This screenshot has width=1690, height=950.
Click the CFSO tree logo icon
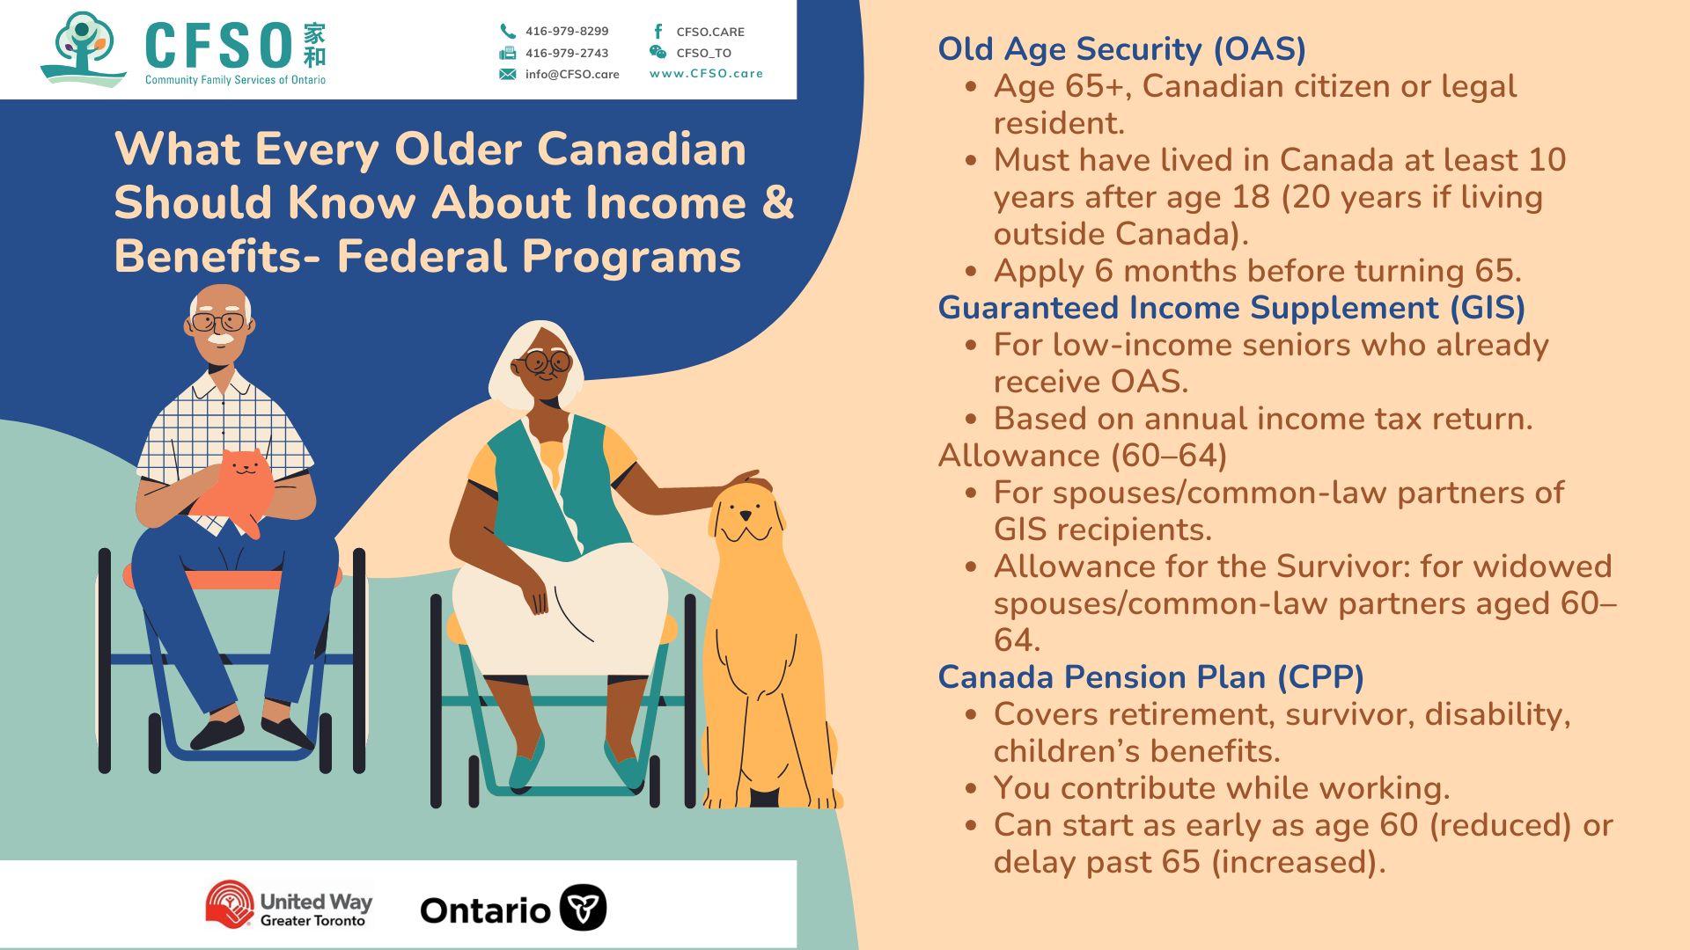pos(84,49)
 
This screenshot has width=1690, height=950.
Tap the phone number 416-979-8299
pos(567,31)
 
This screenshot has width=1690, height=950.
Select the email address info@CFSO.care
pos(572,74)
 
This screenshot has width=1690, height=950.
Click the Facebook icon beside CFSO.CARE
pos(658,31)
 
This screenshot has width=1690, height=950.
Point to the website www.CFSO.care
pos(706,73)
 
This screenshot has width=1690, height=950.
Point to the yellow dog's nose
pos(746,512)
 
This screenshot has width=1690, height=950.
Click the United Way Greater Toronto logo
pos(289,905)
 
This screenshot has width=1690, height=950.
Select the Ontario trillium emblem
pos(583,908)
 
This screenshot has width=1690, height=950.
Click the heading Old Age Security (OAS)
pos(1121,49)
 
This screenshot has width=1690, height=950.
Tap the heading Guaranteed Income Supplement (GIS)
pos(1231,308)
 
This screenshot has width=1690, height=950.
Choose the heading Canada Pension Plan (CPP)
pos(1150,677)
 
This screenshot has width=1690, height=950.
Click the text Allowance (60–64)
pos(1083,456)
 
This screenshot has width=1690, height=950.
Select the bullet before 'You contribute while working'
pos(971,789)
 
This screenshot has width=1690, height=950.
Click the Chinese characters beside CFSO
pos(314,46)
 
